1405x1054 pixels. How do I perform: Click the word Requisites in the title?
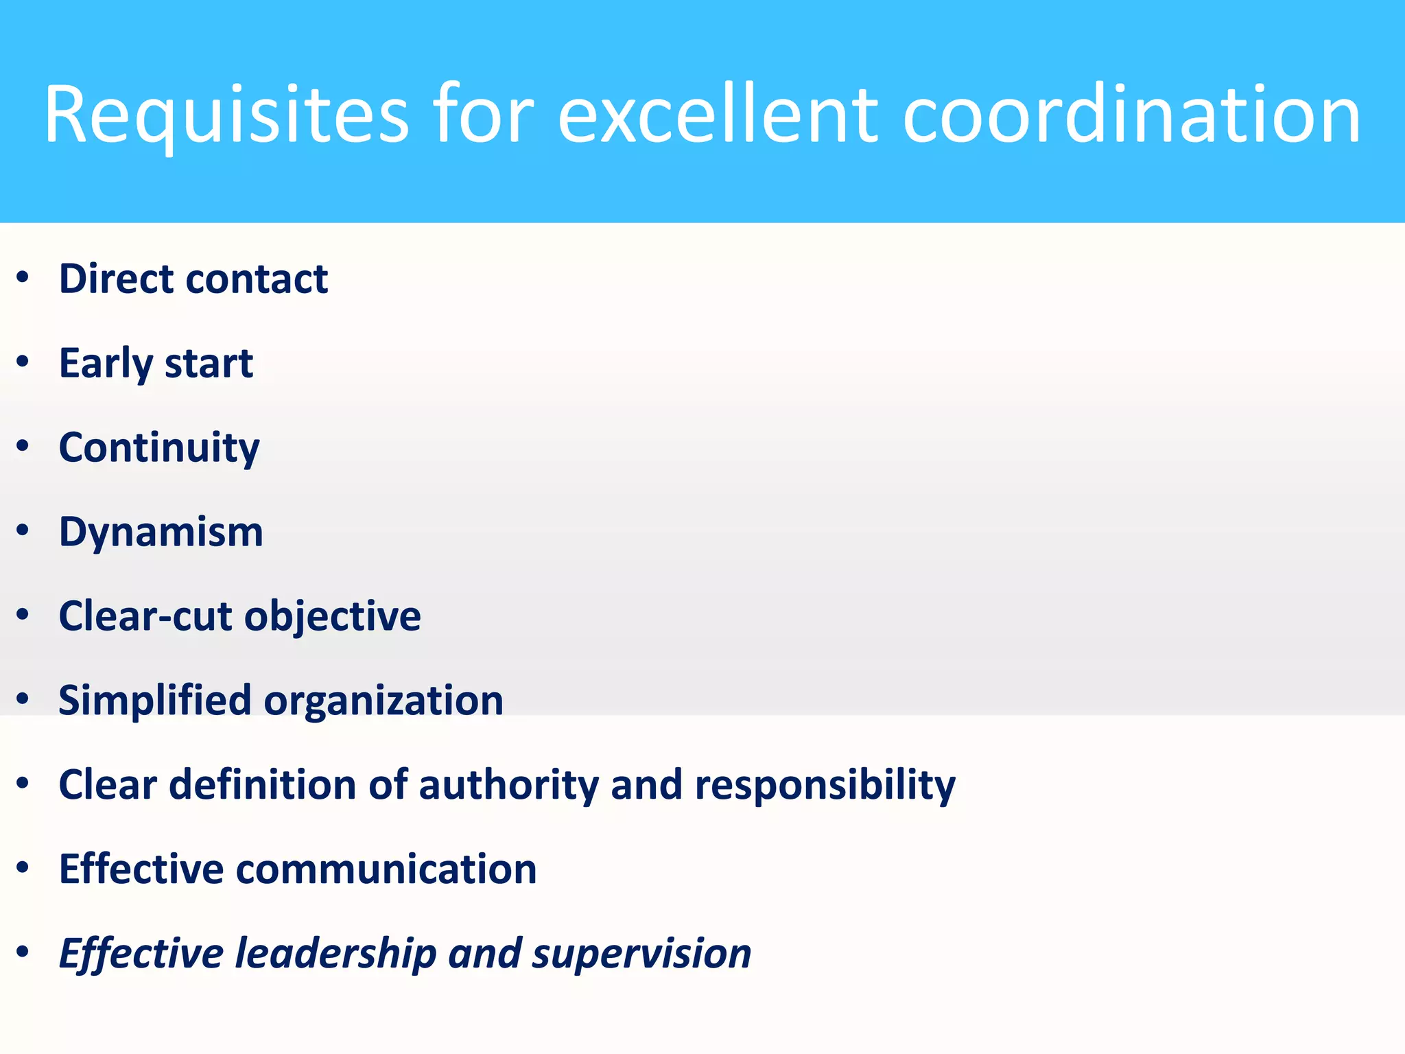point(226,115)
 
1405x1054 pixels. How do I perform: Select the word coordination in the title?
point(1131,115)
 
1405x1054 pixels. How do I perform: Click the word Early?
point(106,364)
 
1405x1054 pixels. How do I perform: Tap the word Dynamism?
point(161,532)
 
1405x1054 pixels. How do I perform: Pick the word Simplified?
point(155,701)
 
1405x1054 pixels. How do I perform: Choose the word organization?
point(383,701)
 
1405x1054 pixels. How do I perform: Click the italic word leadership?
point(335,954)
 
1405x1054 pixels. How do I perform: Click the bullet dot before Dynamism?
point(23,530)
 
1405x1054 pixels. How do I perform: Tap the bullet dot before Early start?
point(23,362)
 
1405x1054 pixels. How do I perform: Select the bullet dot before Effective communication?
point(23,868)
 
